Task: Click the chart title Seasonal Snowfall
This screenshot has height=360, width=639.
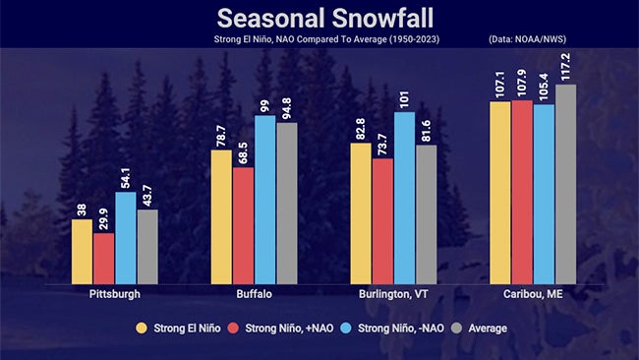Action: coord(319,19)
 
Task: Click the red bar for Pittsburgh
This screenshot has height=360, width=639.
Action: coord(103,258)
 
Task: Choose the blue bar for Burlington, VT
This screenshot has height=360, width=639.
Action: coord(404,198)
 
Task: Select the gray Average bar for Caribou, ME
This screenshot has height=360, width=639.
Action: coord(565,184)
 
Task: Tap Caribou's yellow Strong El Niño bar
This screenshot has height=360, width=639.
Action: coord(499,192)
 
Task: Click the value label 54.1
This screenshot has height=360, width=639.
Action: coord(125,175)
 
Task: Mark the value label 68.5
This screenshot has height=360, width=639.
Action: coord(243,150)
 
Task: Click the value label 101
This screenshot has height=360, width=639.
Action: coord(404,98)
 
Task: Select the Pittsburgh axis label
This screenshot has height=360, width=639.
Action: coord(114,293)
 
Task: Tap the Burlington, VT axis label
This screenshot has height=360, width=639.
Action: coord(393,293)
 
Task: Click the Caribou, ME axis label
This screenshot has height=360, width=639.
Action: coord(532,293)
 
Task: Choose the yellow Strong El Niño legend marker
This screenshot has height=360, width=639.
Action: coord(142,328)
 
